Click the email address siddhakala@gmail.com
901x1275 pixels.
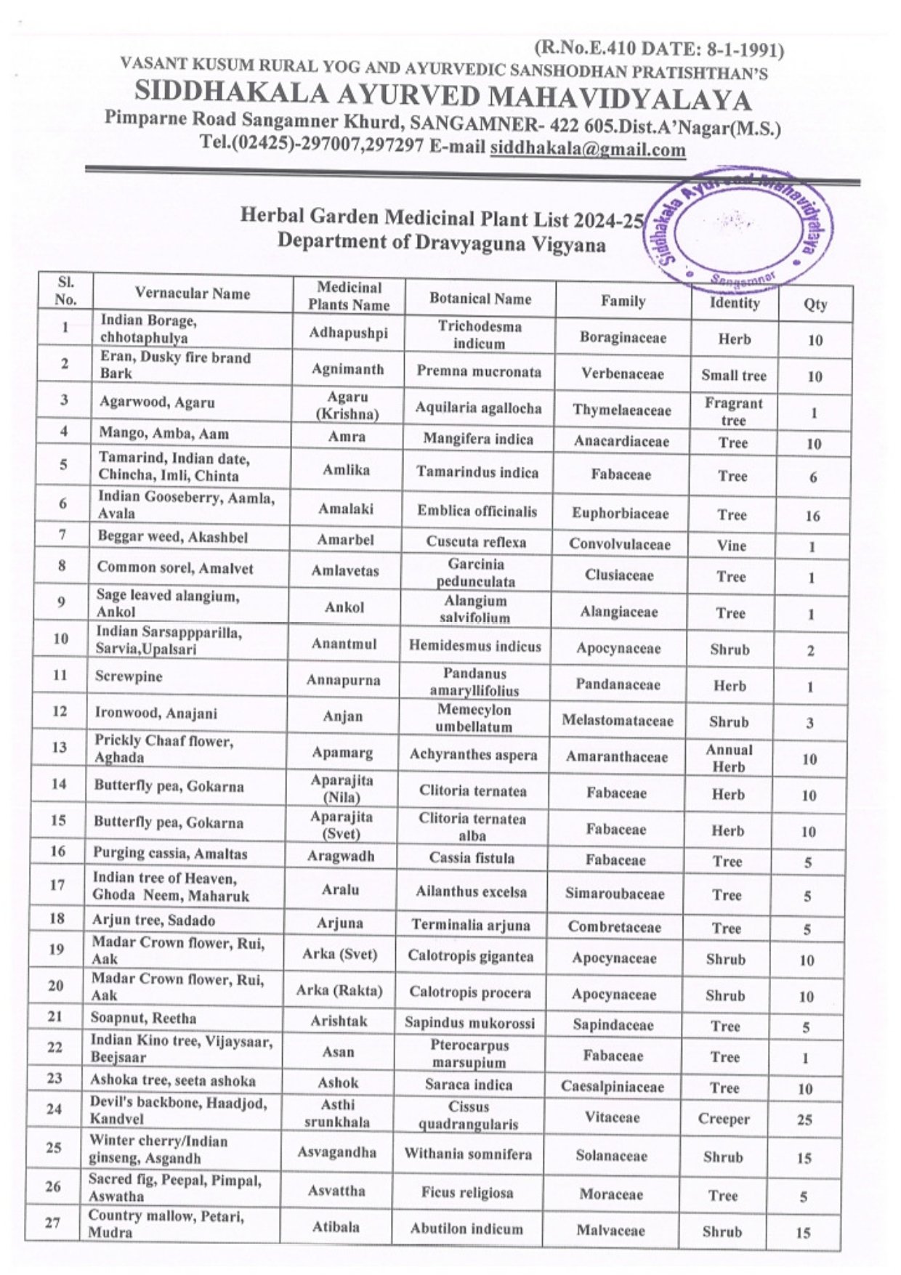tap(587, 149)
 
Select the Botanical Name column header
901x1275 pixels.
tap(480, 299)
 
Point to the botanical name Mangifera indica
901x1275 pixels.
tap(478, 440)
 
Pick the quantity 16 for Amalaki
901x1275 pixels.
tap(812, 516)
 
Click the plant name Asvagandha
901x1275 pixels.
tap(337, 1152)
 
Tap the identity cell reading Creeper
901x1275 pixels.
tap(724, 1119)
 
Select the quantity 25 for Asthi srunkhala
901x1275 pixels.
tap(804, 1120)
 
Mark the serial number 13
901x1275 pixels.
tap(60, 748)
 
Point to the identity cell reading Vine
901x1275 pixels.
tap(732, 546)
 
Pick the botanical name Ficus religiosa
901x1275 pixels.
tap(467, 1192)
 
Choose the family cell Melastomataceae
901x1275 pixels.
tap(618, 721)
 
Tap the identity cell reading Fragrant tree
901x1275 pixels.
tap(733, 411)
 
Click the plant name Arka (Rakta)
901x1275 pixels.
tap(339, 989)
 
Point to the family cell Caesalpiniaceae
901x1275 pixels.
tap(613, 1087)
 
